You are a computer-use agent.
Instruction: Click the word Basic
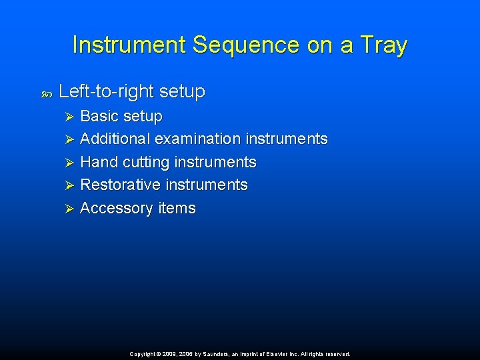point(99,116)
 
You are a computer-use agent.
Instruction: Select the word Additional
point(115,139)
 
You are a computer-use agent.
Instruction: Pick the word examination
point(197,139)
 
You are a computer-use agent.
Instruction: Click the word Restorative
point(121,185)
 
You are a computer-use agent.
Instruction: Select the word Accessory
point(116,208)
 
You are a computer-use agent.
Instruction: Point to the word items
point(177,208)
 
